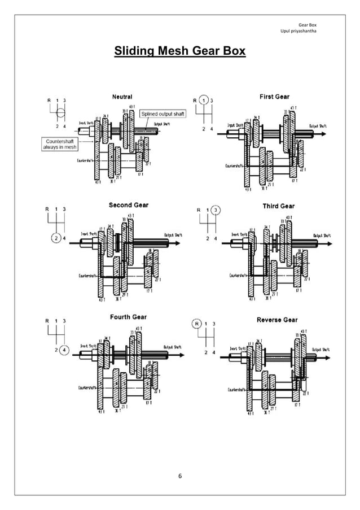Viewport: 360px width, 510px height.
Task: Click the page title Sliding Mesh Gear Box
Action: (x=180, y=52)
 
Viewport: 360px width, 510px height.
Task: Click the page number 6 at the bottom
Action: (x=180, y=477)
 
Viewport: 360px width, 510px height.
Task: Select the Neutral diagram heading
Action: (x=122, y=97)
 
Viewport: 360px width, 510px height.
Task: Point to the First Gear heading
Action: (x=274, y=97)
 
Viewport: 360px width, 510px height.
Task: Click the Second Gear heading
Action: (x=129, y=205)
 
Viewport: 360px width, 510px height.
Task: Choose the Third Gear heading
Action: (x=279, y=206)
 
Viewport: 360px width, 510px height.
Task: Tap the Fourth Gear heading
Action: (x=128, y=317)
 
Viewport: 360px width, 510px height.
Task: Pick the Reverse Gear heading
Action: (x=277, y=320)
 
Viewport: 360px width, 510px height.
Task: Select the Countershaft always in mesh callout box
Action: (x=61, y=143)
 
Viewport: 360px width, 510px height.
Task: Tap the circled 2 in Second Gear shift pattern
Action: (x=56, y=237)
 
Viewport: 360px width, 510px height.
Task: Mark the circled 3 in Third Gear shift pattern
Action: (x=217, y=210)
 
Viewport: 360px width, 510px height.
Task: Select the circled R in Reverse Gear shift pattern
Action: (x=197, y=324)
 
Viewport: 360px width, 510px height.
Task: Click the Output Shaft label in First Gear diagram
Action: (x=318, y=125)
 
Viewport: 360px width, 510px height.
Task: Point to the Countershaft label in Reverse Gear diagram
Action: (x=237, y=390)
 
